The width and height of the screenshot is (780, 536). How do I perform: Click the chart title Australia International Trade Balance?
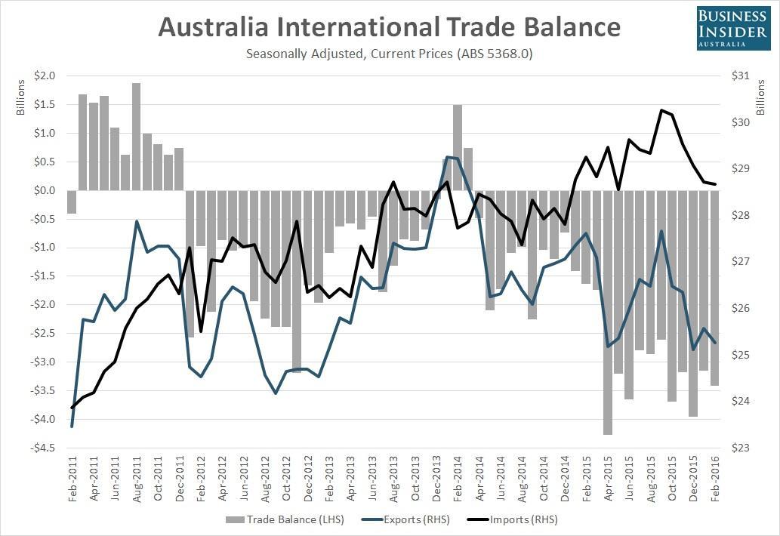click(x=389, y=28)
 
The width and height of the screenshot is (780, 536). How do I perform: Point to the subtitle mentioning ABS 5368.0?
click(x=389, y=54)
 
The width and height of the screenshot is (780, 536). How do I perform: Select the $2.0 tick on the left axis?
click(x=45, y=76)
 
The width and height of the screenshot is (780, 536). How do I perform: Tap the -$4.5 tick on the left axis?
click(x=44, y=448)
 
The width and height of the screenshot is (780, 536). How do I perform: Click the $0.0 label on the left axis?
click(x=45, y=190)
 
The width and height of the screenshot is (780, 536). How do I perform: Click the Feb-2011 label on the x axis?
click(x=72, y=480)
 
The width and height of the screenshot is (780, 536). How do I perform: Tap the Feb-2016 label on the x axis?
click(x=715, y=480)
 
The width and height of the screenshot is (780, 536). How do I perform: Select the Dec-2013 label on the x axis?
click(x=436, y=480)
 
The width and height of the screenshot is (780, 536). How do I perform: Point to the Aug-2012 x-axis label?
click(x=265, y=480)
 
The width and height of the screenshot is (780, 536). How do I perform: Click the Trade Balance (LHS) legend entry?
click(x=279, y=519)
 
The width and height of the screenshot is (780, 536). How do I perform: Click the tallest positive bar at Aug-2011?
click(x=137, y=137)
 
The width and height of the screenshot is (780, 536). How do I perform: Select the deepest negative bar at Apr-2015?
click(x=608, y=313)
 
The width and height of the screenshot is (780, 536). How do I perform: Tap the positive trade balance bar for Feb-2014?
click(x=458, y=148)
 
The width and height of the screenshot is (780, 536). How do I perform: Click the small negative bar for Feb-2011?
click(x=72, y=202)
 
